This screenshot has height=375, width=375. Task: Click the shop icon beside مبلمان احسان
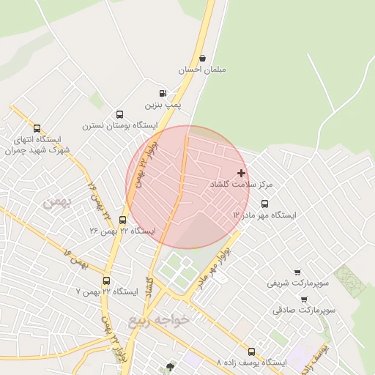tap(202, 58)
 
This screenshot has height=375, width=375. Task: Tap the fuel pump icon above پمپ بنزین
tap(162, 94)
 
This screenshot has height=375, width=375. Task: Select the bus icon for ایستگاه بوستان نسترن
tap(119, 114)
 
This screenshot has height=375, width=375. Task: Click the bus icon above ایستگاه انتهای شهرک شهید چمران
tap(37, 128)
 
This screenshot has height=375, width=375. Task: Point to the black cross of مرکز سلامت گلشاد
tap(241, 173)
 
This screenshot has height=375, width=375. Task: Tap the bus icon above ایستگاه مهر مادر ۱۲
tap(264, 204)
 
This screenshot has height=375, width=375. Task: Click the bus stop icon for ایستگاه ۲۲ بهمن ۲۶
tap(122, 219)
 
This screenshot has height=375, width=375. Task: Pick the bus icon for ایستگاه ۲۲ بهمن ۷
tap(107, 281)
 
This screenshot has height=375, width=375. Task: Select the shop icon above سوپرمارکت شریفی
tap(297, 272)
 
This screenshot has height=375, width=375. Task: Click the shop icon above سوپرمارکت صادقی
tap(304, 299)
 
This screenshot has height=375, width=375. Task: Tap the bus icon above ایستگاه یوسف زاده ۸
tap(251, 352)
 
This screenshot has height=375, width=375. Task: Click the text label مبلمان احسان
tap(203, 70)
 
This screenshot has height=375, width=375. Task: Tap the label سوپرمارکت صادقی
tap(304, 311)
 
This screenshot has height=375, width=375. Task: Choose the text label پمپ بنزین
tap(161, 105)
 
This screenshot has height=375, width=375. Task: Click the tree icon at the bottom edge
tap(171, 367)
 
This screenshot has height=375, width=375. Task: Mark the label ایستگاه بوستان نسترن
tap(119, 126)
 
